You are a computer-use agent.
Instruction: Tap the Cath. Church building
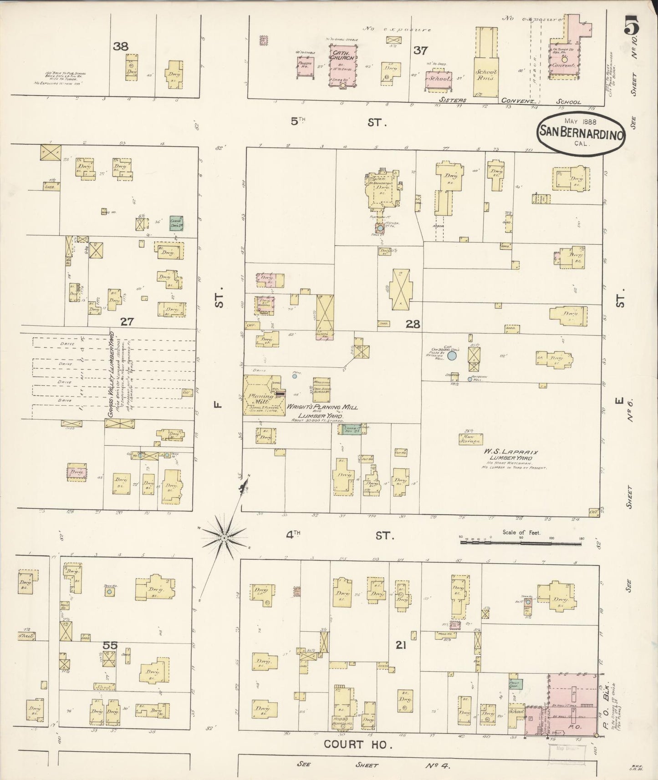click(x=342, y=68)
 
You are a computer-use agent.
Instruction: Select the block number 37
click(x=420, y=51)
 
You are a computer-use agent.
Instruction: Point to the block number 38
click(x=122, y=46)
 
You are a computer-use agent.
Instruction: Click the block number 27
click(x=127, y=322)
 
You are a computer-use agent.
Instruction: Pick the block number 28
click(x=413, y=324)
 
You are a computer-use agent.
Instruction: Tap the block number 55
click(x=110, y=645)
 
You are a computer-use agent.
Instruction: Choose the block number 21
click(x=401, y=646)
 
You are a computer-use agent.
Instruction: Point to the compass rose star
click(x=224, y=538)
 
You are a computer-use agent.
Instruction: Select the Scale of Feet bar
click(x=521, y=542)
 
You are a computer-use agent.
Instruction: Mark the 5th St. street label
click(x=339, y=122)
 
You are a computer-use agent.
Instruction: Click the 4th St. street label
click(x=339, y=535)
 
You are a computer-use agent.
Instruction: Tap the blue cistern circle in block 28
click(x=452, y=356)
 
